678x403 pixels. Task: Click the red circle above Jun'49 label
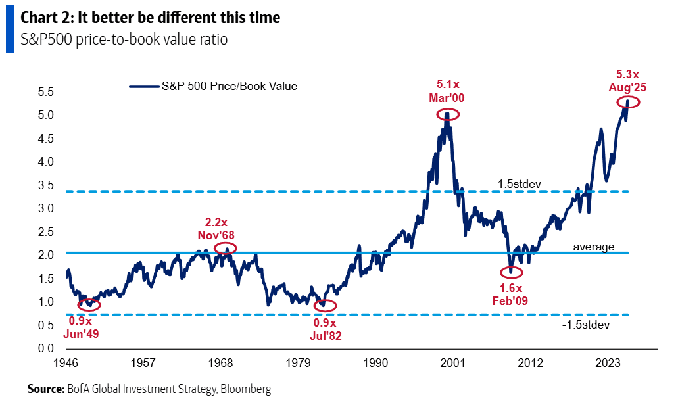[x=89, y=304]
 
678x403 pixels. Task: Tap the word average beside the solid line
[x=593, y=247]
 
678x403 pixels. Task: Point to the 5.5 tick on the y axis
[x=45, y=93]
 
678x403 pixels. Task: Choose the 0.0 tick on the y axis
[x=45, y=348]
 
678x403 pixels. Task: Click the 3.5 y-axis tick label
[x=45, y=186]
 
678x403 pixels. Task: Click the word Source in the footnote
[x=45, y=389]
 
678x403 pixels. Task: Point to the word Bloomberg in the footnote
[x=245, y=389]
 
